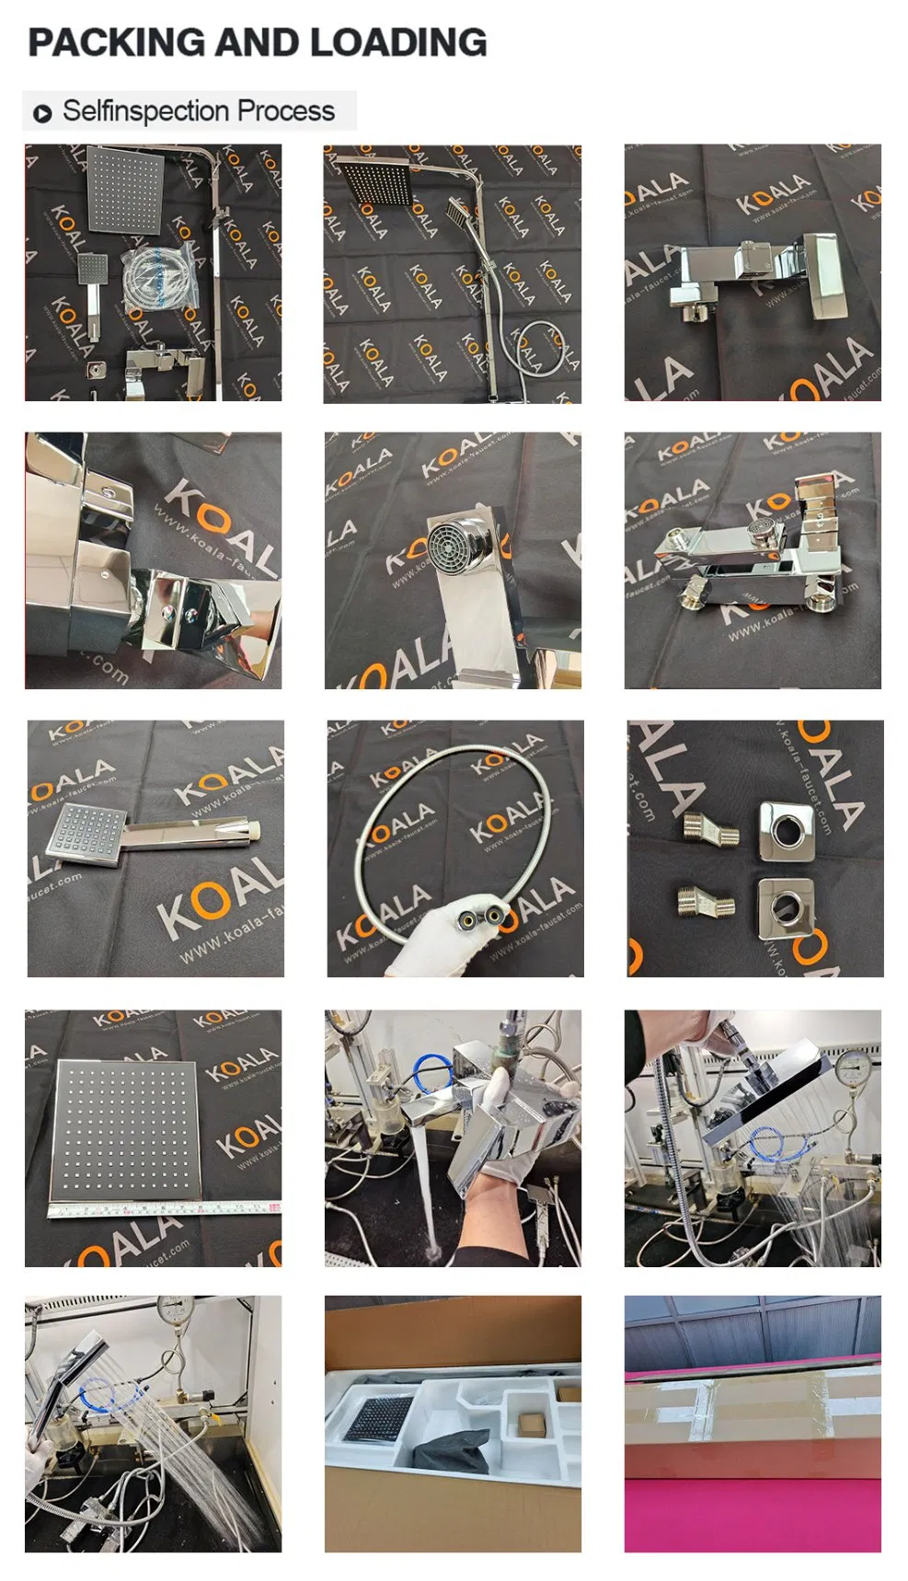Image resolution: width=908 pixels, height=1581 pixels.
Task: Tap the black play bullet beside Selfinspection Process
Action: coord(42,114)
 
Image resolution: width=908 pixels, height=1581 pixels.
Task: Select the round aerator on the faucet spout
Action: coord(454,547)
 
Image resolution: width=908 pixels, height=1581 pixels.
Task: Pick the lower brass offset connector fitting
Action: coord(706,901)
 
